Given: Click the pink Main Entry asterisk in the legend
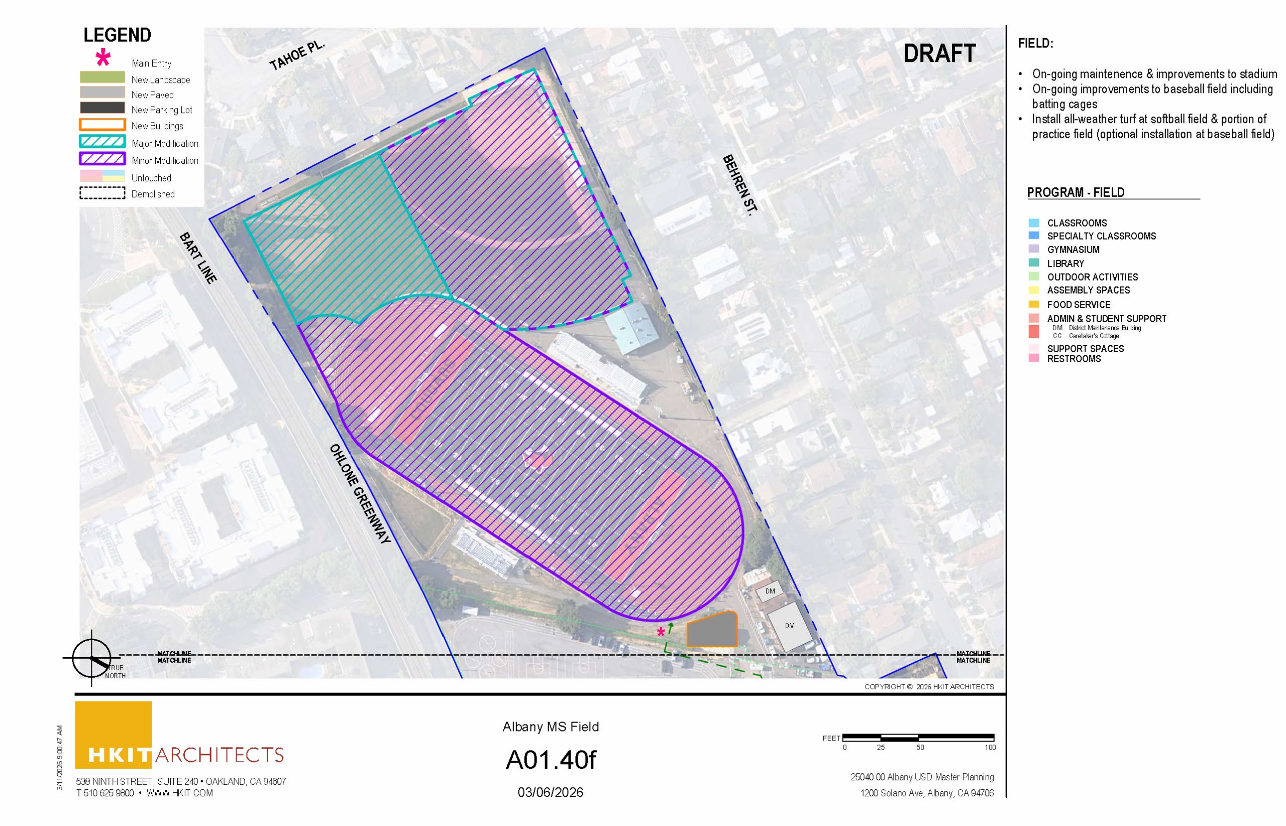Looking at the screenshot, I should pos(103,57).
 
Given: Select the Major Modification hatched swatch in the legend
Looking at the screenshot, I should pos(102,142).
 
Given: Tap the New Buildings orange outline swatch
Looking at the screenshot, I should pos(102,125).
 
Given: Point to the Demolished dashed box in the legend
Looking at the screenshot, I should pos(102,193).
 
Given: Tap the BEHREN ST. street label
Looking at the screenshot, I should pos(740,185).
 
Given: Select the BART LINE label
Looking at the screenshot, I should pos(198,257).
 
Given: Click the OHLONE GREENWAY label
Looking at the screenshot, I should pos(360,493).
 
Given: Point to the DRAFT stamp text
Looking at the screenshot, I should pos(939,53).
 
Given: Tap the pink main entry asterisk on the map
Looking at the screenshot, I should pos(661,632).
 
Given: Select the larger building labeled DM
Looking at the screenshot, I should pos(790,626).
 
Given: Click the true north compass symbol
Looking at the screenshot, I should pos(92,658).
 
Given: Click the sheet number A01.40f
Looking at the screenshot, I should pos(550,760).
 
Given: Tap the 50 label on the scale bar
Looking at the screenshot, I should pos(920,747).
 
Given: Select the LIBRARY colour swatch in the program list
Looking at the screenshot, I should pos(1034,263).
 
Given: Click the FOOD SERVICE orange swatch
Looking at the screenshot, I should pos(1034,304).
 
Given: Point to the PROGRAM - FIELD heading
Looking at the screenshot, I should pos(1075,192).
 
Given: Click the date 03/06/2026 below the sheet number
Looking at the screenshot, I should pos(550,792).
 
